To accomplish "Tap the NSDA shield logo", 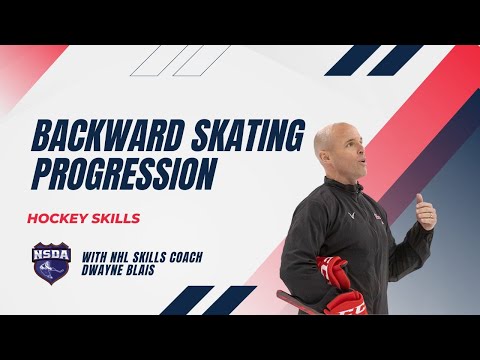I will pyautogui.click(x=51, y=263).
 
